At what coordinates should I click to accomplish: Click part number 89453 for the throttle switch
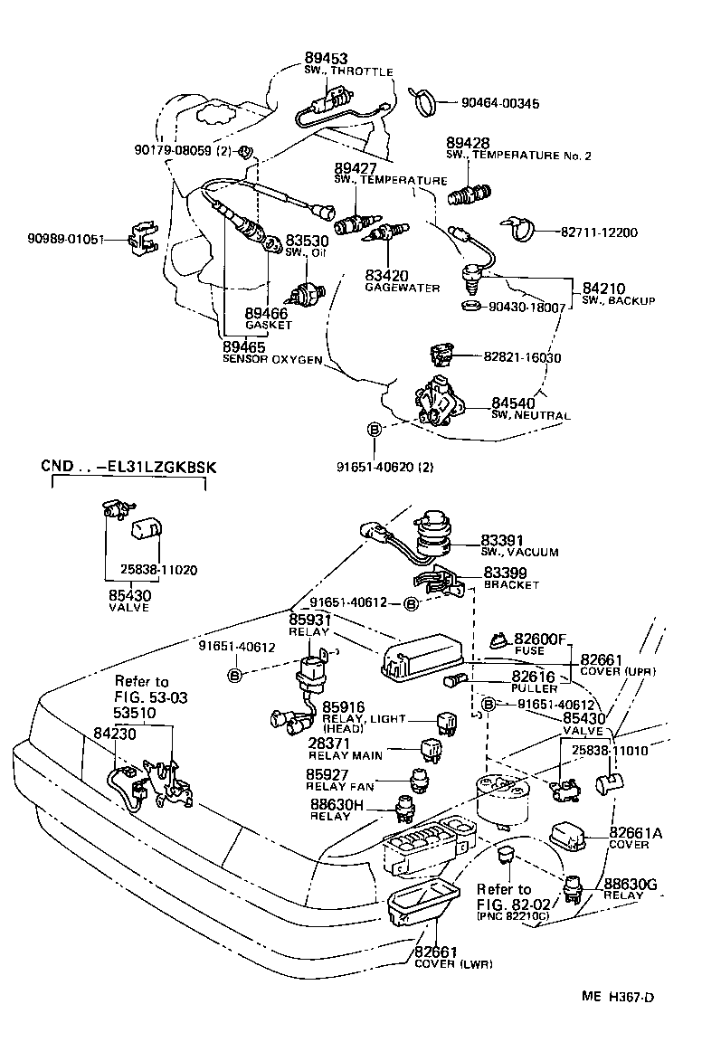(x=327, y=58)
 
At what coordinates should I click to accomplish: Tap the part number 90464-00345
(x=494, y=104)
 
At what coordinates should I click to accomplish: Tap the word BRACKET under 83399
(x=511, y=585)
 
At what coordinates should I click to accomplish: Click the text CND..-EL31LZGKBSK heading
(x=130, y=467)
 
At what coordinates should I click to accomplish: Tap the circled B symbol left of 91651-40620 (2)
(x=372, y=431)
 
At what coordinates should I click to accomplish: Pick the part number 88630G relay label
(x=634, y=883)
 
